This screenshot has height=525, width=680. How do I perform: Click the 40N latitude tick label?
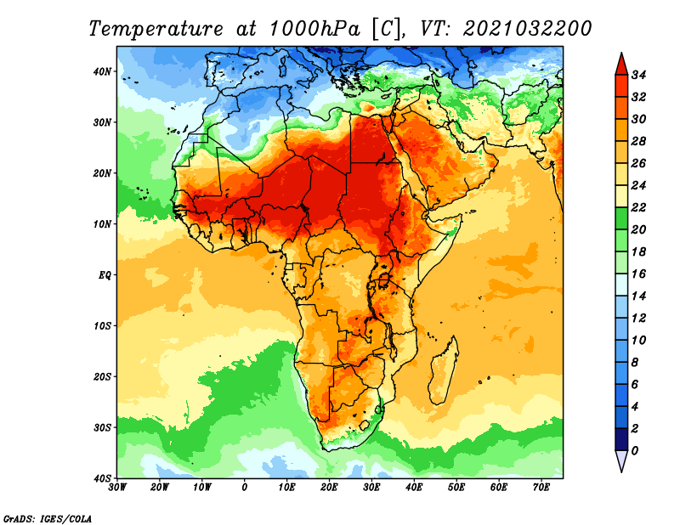pyautogui.click(x=102, y=71)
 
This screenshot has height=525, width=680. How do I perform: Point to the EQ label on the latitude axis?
pyautogui.click(x=105, y=275)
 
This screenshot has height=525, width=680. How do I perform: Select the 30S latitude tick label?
pyautogui.click(x=102, y=428)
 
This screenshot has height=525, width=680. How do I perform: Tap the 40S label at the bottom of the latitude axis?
pyautogui.click(x=102, y=478)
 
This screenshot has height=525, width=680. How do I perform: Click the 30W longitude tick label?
pyautogui.click(x=117, y=488)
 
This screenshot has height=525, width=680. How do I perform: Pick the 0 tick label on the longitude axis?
pyautogui.click(x=245, y=488)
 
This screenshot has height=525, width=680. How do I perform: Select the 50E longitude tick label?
pyautogui.click(x=456, y=488)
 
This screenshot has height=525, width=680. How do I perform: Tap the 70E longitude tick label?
pyautogui.click(x=541, y=488)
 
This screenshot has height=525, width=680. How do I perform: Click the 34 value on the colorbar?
pyautogui.click(x=639, y=75)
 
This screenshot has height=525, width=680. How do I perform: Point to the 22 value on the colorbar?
pyautogui.click(x=639, y=207)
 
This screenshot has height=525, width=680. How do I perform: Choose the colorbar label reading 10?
pyautogui.click(x=639, y=341)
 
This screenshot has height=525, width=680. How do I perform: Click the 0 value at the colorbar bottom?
pyautogui.click(x=635, y=451)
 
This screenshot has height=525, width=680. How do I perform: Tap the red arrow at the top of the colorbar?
pyautogui.click(x=621, y=65)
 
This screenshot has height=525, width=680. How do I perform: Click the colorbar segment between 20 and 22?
pyautogui.click(x=621, y=218)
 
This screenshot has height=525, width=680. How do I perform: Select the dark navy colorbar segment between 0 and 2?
pyautogui.click(x=621, y=439)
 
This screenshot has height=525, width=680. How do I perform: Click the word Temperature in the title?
pyautogui.click(x=156, y=29)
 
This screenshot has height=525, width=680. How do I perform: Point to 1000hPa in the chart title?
pyautogui.click(x=314, y=29)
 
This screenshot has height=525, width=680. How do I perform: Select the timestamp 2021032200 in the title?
pyautogui.click(x=527, y=29)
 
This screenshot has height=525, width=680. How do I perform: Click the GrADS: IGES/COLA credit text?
pyautogui.click(x=48, y=519)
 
